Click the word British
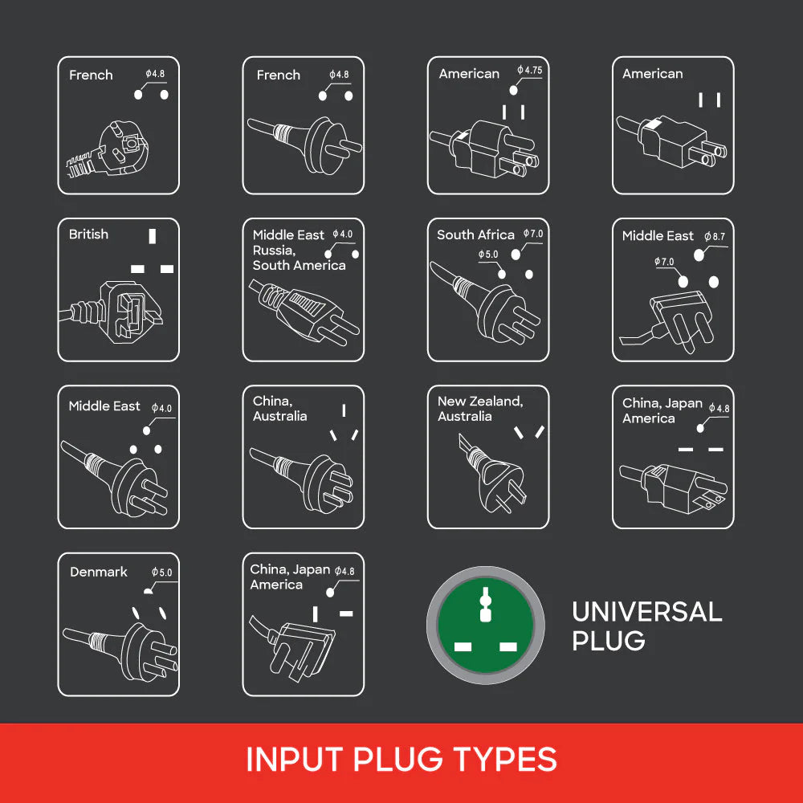coord(88,234)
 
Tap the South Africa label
coord(475,234)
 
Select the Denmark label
coord(98,572)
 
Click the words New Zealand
coord(480,401)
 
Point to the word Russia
coord(274,251)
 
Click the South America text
coord(299,265)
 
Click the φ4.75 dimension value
coord(529,70)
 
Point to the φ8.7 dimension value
coord(715,236)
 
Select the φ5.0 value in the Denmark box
coord(162,572)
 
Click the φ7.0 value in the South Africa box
coord(533,234)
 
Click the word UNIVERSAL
coord(646,611)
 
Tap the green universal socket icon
coord(486,625)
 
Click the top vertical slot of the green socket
coord(486,605)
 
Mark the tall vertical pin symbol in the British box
coord(152,236)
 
